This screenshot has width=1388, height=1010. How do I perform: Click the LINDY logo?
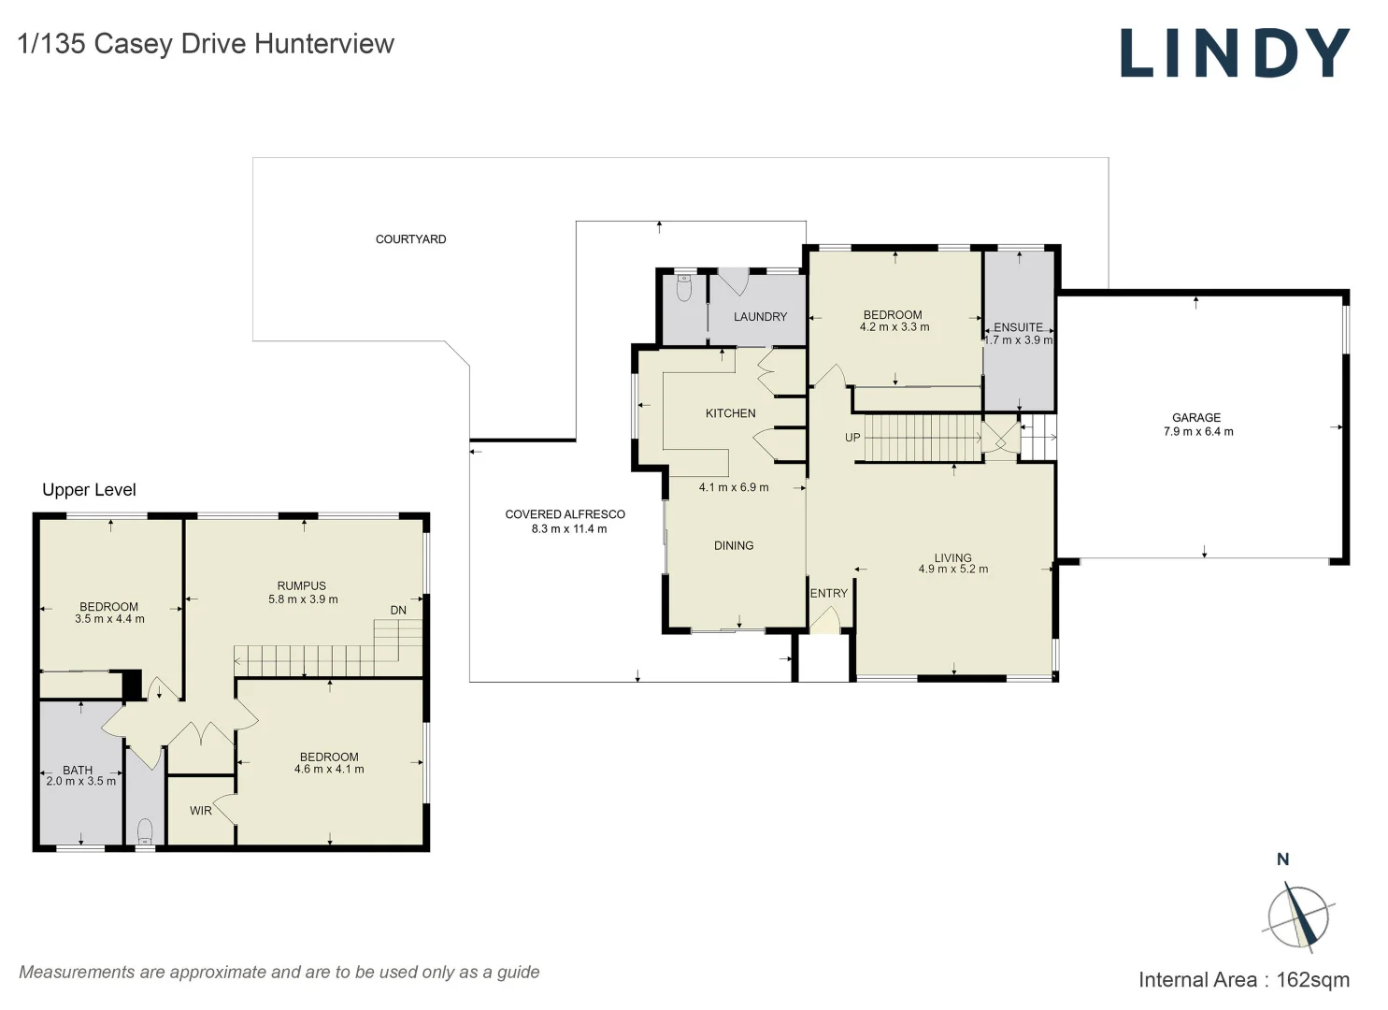[1234, 53]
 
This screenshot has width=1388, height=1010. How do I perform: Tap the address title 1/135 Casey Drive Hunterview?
[206, 44]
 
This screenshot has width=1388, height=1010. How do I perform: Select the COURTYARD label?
[410, 239]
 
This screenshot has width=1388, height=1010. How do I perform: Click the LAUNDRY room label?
[760, 317]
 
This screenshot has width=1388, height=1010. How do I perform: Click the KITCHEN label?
[730, 413]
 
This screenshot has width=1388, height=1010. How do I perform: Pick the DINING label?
[733, 546]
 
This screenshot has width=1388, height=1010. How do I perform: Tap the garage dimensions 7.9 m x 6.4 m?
[1197, 432]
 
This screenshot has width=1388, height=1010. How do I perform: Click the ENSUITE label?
[1018, 327]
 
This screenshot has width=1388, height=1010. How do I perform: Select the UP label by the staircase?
[852, 438]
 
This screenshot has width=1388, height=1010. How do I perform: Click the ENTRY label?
[828, 594]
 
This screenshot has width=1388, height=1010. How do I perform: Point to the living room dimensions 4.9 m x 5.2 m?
[952, 570]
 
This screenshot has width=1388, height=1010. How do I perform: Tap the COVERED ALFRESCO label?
[565, 514]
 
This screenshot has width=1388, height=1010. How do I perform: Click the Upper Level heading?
[89, 490]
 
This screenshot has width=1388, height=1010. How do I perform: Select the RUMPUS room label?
[301, 586]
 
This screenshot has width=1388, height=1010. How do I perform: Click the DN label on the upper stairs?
[398, 611]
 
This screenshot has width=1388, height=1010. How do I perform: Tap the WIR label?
[201, 811]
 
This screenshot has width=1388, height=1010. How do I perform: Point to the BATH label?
[78, 771]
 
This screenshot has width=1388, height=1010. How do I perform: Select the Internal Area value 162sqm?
[1312, 980]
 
